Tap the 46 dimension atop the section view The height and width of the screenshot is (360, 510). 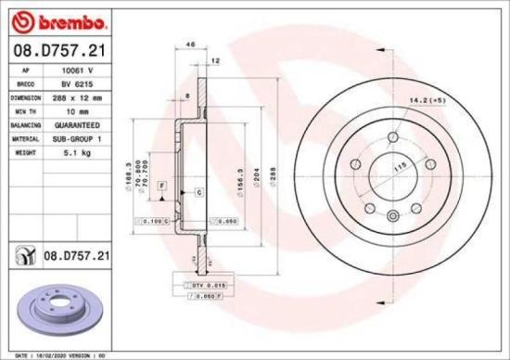pyautogui.click(x=191, y=44)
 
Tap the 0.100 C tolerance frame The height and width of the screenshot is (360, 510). pyautogui.click(x=154, y=222)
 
